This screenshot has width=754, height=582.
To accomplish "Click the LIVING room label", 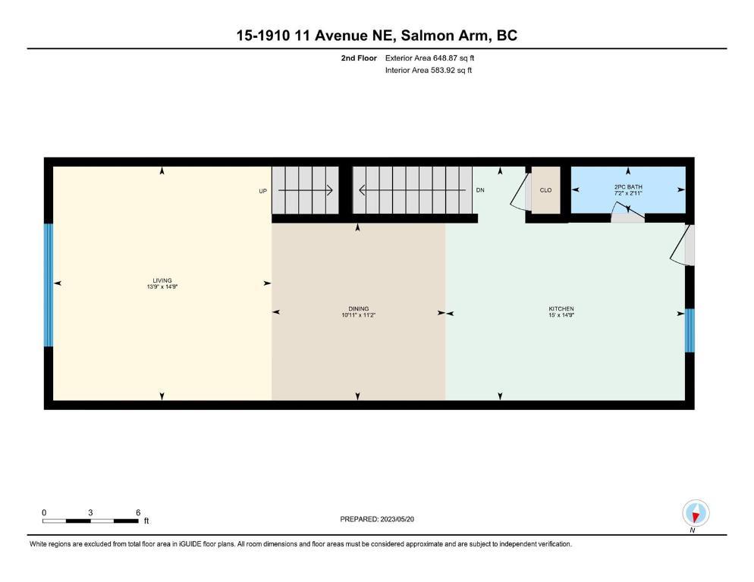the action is (x=162, y=280).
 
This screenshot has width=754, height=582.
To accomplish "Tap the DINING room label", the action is (x=358, y=309).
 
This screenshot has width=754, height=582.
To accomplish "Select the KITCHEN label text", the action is (x=561, y=309).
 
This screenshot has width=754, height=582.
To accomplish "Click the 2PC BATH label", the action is (x=628, y=187).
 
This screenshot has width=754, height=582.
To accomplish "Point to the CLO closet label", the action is (x=546, y=190).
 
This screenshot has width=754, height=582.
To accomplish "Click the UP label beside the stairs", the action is (x=262, y=191).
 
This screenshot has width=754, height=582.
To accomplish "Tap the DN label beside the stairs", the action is (x=480, y=190).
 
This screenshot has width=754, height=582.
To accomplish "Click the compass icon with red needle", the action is (x=696, y=513).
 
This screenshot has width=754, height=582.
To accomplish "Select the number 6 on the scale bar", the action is (x=138, y=513).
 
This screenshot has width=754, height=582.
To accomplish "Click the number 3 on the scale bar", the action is (x=90, y=513).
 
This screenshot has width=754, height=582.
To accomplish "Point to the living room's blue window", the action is (x=48, y=285).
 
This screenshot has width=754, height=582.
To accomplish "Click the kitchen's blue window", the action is (x=690, y=330).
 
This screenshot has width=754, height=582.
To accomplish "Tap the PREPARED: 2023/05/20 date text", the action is (x=377, y=519).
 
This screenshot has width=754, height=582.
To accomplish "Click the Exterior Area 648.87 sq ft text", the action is (x=429, y=58).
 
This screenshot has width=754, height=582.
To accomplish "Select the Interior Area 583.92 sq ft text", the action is (x=429, y=70).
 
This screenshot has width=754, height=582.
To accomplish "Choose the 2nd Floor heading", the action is (x=359, y=58).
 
